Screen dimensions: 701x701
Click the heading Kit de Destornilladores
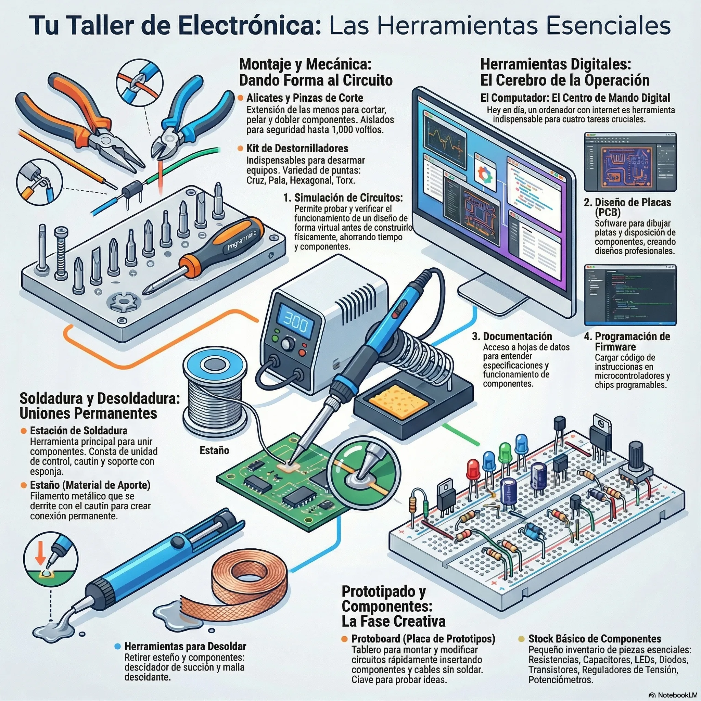tap(297, 149)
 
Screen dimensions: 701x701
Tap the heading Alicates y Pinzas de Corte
tap(305, 98)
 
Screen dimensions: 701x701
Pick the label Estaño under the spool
tap(214, 450)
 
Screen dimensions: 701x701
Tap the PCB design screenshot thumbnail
tap(630, 162)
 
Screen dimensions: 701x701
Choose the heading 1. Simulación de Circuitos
tap(343, 198)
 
